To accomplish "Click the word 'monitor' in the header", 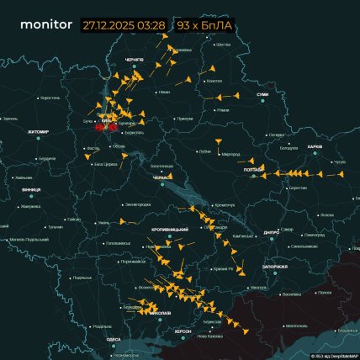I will [x=45, y=25].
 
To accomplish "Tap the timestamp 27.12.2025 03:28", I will [x=124, y=25].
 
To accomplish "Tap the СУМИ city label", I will [x=262, y=94].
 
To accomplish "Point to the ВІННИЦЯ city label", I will [x=34, y=190].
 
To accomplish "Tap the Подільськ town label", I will [x=82, y=278].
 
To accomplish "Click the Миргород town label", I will [x=230, y=155].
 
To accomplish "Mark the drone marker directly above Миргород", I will [x=218, y=138].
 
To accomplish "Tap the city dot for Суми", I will [x=262, y=100].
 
